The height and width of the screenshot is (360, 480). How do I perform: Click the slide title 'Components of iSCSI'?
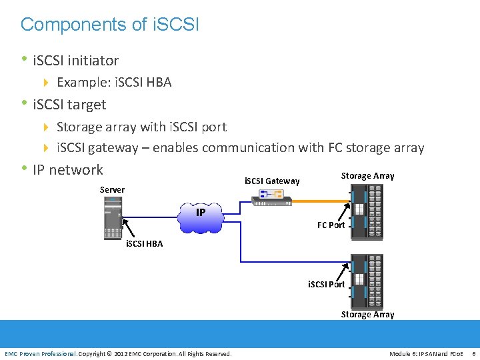109,25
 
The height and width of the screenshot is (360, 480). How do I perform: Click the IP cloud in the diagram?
200,217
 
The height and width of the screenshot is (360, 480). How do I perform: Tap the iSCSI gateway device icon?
273,197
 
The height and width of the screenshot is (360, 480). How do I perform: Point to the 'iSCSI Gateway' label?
272,181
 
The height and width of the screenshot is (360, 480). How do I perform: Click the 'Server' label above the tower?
112,189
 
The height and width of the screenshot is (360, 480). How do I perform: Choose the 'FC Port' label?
331,225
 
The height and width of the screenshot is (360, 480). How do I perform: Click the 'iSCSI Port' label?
326,284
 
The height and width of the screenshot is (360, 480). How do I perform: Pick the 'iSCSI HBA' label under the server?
144,243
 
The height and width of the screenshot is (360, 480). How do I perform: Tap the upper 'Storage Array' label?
367,175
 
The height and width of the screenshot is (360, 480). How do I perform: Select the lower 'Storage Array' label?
367,314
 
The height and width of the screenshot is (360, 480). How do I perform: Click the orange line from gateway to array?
320,199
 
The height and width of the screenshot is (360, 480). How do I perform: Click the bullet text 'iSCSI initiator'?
75,61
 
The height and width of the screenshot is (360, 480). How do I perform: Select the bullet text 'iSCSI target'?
69,105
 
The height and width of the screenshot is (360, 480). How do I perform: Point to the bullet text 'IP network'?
67,169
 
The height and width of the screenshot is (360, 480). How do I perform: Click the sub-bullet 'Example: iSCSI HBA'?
114,83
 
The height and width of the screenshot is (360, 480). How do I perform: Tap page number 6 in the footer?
473,353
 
